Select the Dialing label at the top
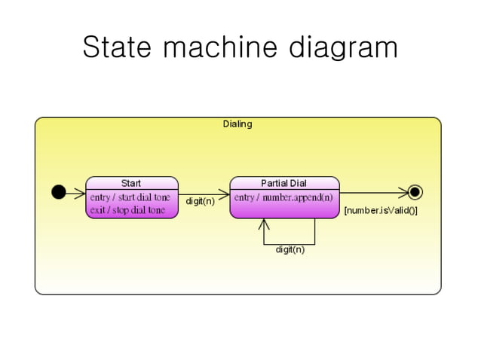[237, 124]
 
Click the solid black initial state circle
[58, 192]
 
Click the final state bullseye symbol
[415, 192]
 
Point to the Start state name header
[131, 183]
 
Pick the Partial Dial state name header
[283, 183]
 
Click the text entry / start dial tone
[130, 197]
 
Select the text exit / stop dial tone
[127, 210]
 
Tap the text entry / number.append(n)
[283, 197]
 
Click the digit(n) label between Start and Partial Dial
[200, 202]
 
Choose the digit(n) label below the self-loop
[290, 249]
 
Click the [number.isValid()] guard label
[381, 211]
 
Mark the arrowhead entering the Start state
[81, 192]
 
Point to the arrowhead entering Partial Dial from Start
[224, 192]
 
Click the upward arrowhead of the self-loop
[264, 224]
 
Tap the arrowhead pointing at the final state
[403, 192]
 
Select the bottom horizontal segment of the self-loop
[290, 244]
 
